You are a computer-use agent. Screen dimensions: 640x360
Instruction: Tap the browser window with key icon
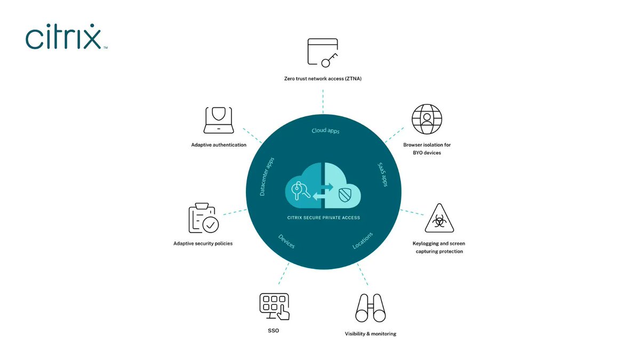click(x=323, y=53)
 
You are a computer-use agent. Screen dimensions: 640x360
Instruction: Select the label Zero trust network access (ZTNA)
click(x=323, y=79)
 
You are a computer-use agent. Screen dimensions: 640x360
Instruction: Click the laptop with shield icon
click(x=219, y=120)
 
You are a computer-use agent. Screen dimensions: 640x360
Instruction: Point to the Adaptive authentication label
click(x=219, y=145)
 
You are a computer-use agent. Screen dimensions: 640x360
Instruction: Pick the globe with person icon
click(x=427, y=119)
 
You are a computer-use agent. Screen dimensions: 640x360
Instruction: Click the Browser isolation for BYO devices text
click(x=427, y=148)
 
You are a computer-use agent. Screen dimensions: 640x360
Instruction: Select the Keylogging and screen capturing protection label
click(x=439, y=247)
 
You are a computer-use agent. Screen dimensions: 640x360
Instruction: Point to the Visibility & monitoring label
click(x=370, y=334)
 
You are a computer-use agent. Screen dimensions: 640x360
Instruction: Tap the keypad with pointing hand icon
click(x=274, y=306)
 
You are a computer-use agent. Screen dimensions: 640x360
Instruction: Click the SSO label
click(x=273, y=331)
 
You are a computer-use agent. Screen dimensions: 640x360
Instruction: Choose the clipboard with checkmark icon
click(x=203, y=219)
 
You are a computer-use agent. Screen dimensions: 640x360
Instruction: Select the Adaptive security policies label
click(x=203, y=243)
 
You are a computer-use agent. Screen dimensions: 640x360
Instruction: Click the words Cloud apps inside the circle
click(x=325, y=131)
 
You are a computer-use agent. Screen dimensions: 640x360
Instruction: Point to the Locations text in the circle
click(x=363, y=241)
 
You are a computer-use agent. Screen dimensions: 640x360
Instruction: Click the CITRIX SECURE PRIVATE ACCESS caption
click(x=323, y=218)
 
